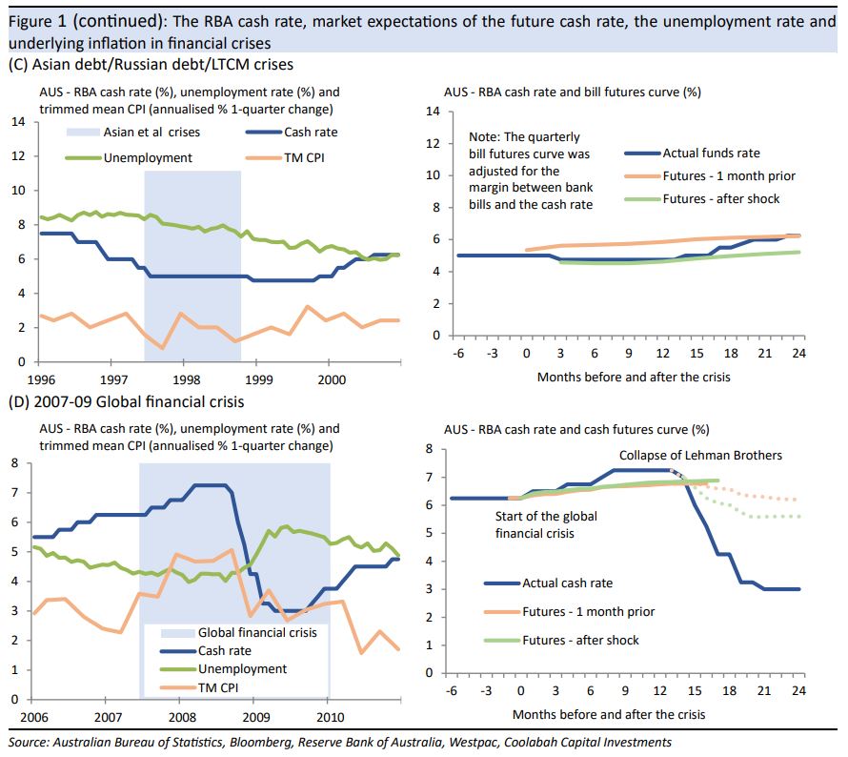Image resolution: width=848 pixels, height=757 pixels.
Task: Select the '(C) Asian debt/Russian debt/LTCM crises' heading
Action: [151, 65]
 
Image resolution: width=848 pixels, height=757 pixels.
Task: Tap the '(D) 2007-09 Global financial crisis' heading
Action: [126, 401]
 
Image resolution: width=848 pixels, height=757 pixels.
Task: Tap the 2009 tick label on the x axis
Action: [255, 716]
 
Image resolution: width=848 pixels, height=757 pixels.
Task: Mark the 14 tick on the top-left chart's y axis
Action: [18, 123]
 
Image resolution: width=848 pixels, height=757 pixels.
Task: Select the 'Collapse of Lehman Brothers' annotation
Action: [700, 456]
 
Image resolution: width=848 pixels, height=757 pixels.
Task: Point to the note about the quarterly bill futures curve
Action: [531, 171]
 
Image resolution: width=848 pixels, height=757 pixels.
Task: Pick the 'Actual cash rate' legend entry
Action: [567, 583]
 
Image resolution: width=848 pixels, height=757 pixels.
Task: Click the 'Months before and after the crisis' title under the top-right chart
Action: [634, 376]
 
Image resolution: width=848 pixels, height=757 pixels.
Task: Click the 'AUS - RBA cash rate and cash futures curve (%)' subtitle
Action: [575, 429]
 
